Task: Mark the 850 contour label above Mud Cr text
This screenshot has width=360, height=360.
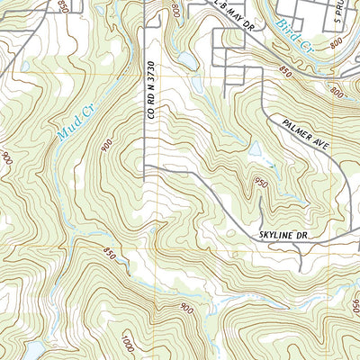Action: tap(62, 8)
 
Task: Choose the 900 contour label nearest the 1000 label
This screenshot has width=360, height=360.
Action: tap(186, 309)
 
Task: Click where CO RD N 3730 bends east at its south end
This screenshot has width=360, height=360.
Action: tap(147, 166)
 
